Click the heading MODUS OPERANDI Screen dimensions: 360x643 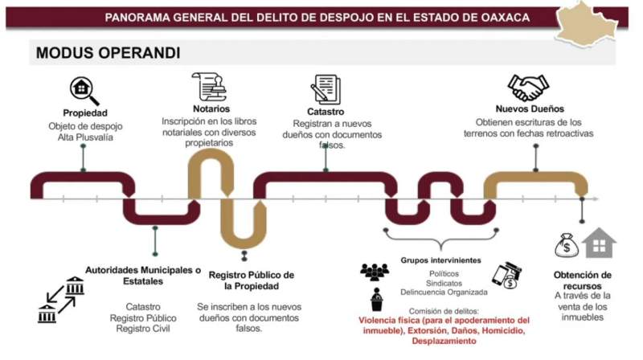(x=108, y=53)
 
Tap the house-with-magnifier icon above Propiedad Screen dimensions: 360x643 (x=84, y=90)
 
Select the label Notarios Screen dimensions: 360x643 (x=211, y=108)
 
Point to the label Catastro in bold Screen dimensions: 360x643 (x=325, y=112)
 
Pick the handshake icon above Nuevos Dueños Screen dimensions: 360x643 (x=528, y=88)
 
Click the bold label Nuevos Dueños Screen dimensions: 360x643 (x=530, y=108)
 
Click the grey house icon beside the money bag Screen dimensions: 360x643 (x=599, y=243)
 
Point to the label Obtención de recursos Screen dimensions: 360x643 (x=583, y=280)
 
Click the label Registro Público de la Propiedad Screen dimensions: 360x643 (x=252, y=280)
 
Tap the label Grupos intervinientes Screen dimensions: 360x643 (x=440, y=260)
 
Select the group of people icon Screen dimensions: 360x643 (x=375, y=272)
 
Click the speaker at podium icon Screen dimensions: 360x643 (x=376, y=300)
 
